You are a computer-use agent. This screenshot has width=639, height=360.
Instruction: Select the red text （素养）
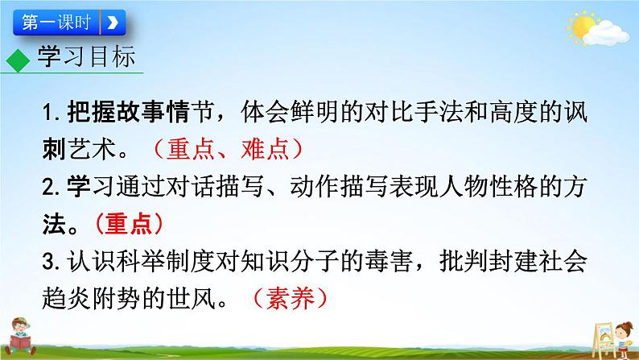click(288, 297)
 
